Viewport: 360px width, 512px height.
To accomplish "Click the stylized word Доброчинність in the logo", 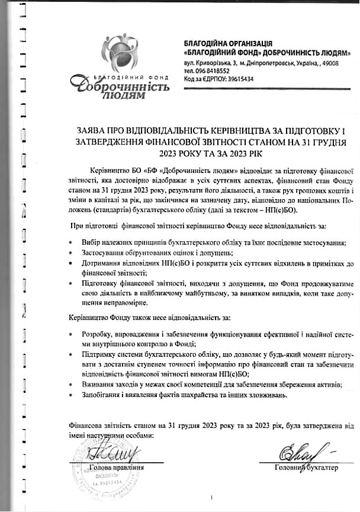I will [119, 85].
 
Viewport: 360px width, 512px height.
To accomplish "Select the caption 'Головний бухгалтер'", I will [306, 468].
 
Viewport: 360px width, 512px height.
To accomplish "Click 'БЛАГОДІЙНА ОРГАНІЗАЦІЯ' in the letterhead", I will [228, 44].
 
